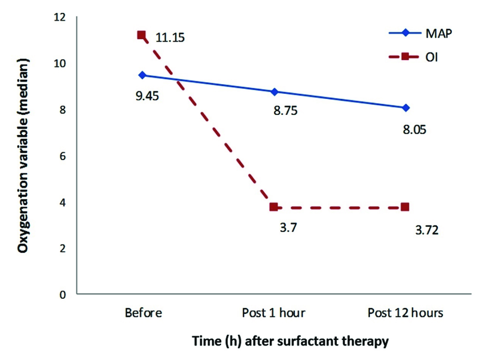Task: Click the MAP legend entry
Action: click(x=438, y=33)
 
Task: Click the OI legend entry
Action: click(x=431, y=57)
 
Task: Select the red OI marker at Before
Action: click(x=141, y=35)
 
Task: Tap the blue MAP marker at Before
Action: click(x=142, y=75)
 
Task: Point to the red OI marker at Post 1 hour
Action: click(x=274, y=207)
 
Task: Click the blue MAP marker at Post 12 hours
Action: click(x=406, y=108)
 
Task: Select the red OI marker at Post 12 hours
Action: click(x=405, y=206)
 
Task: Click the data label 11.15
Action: click(x=170, y=38)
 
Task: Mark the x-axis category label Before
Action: click(x=143, y=313)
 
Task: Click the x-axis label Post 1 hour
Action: click(x=274, y=313)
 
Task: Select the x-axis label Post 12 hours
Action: click(x=406, y=313)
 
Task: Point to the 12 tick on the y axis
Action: click(x=60, y=17)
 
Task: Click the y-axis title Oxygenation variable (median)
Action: click(x=23, y=156)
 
